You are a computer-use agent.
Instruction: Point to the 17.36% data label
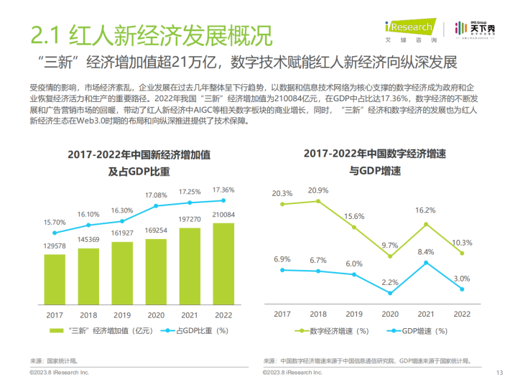223,190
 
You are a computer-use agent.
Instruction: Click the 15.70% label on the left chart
55,223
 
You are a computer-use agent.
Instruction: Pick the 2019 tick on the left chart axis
122,314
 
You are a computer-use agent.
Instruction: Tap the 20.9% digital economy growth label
317,190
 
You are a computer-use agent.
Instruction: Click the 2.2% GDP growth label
391,282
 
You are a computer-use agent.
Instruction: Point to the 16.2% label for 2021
426,210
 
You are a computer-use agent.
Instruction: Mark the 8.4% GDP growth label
426,252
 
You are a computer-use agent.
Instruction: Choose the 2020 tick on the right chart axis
391,314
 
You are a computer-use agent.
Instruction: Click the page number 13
498,372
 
